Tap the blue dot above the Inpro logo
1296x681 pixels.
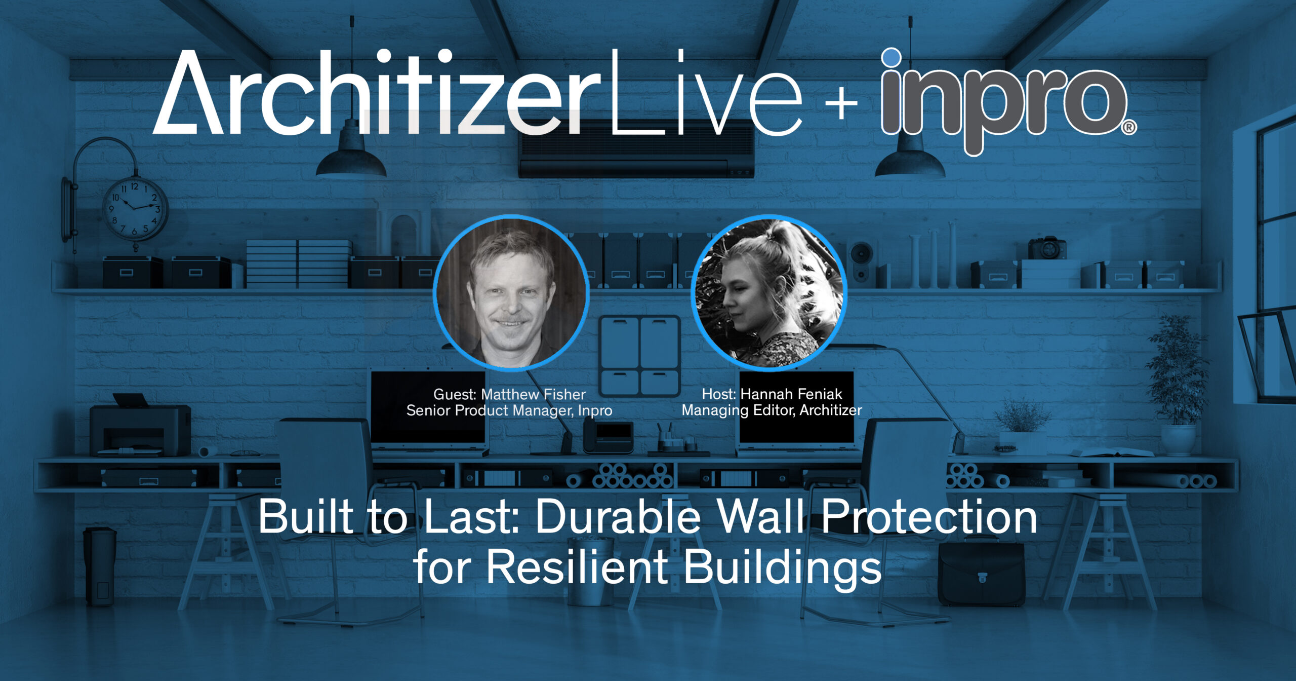(892, 58)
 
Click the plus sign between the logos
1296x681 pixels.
(841, 103)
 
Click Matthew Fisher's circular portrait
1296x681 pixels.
(511, 292)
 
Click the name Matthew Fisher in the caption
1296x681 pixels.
(533, 394)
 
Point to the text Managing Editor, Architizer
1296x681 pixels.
(772, 410)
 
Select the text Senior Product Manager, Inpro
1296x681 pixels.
(509, 410)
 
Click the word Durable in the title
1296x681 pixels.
(618, 517)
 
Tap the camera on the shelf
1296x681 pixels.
(1047, 248)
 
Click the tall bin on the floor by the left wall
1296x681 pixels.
(100, 566)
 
